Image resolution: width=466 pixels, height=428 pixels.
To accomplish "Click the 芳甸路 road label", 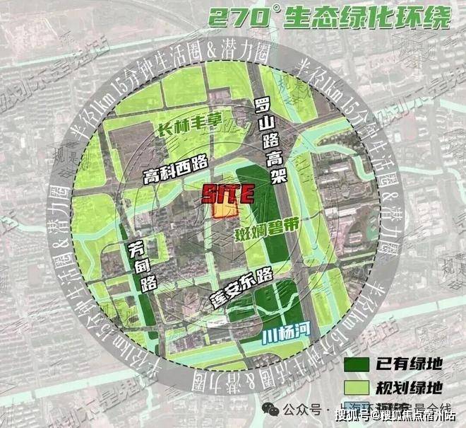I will (139, 265).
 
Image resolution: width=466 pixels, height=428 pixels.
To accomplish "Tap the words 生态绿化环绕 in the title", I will (366, 17).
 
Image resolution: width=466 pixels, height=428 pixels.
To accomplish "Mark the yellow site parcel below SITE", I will (225, 210).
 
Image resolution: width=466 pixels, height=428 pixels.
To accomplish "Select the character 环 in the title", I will (408, 17).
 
